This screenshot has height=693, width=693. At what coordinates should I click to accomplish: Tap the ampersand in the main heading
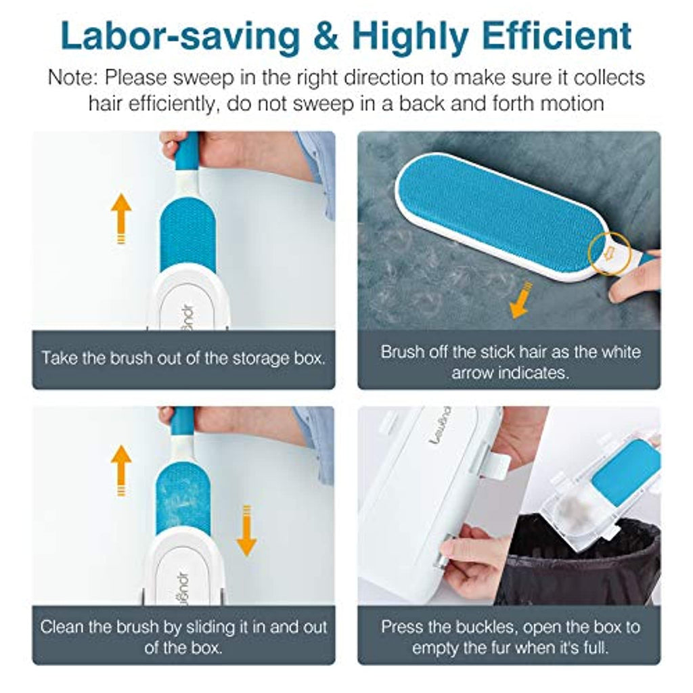[x=326, y=37]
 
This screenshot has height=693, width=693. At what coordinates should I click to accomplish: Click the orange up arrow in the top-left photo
[x=121, y=219]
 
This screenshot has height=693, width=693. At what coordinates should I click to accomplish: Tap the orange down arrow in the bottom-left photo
[x=246, y=531]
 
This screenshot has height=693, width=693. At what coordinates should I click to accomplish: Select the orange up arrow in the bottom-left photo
[x=121, y=470]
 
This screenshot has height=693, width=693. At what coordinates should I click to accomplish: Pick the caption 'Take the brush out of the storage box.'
[x=183, y=357]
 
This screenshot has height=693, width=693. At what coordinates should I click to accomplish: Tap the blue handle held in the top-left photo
[x=187, y=152]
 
